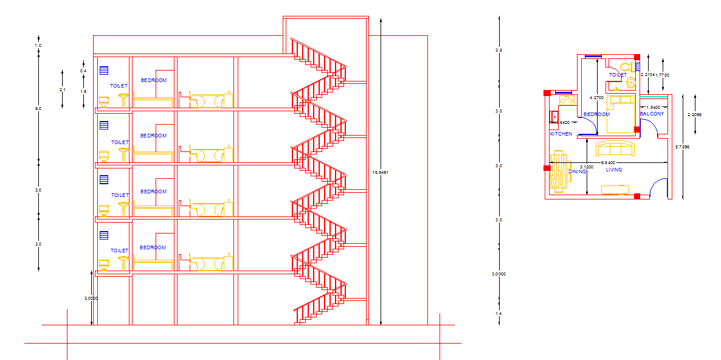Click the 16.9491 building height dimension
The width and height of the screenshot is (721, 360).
(x=380, y=173)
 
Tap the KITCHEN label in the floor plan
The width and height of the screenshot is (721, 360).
(x=561, y=134)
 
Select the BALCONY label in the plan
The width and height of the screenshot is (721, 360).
(x=652, y=114)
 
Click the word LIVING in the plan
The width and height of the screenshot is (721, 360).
(x=614, y=170)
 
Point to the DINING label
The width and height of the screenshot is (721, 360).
(x=577, y=171)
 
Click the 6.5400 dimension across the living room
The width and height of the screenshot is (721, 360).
(x=608, y=163)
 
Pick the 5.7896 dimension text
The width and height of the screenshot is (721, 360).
(x=683, y=147)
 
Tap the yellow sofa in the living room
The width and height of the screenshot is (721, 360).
(x=616, y=149)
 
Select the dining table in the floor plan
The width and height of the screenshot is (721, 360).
(x=558, y=171)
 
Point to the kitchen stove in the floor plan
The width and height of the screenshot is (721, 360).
(x=567, y=99)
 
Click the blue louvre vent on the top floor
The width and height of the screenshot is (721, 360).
(x=103, y=70)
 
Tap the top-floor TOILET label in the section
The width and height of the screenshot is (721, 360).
(x=119, y=86)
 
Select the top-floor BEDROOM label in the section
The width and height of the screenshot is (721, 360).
(x=153, y=80)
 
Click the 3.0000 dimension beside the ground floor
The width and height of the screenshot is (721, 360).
(x=91, y=298)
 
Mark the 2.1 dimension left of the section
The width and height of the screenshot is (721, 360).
(x=62, y=90)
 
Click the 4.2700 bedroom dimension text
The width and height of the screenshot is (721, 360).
(x=597, y=97)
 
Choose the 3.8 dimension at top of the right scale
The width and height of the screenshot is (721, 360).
(x=498, y=49)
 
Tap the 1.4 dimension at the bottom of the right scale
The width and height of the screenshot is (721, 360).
(x=498, y=313)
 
